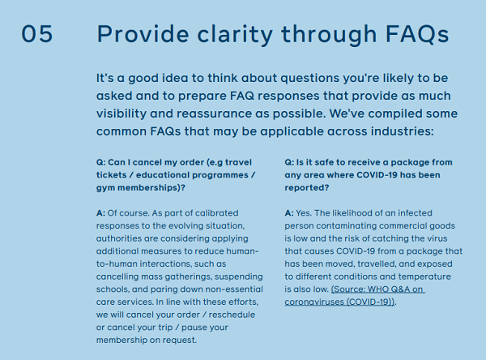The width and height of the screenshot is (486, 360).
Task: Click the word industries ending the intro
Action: (x=399, y=131)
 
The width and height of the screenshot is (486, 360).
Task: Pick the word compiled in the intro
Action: (x=400, y=114)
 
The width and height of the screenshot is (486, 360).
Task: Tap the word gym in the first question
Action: (x=106, y=187)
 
